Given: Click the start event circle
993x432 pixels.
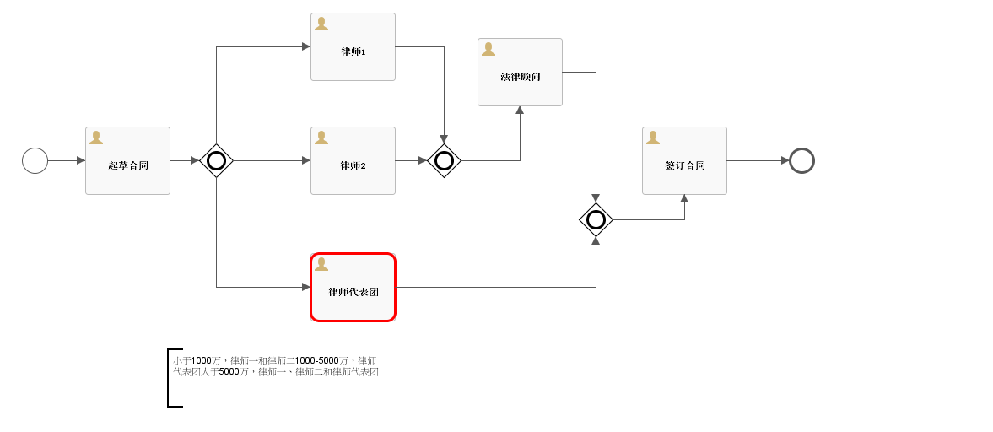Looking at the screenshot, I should [x=35, y=160].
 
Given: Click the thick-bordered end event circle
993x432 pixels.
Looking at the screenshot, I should [x=801, y=160].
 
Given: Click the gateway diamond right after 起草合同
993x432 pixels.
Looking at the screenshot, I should [x=216, y=160].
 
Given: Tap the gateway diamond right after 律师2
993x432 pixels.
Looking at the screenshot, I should [x=444, y=160].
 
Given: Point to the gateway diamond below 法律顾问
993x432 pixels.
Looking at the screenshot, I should [x=596, y=219].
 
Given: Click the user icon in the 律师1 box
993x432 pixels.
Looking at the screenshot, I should [x=321, y=24].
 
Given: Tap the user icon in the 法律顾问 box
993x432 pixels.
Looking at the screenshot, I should [x=488, y=49].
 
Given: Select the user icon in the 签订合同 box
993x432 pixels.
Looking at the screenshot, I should [x=653, y=138].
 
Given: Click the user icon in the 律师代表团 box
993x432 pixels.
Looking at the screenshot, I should [x=321, y=264].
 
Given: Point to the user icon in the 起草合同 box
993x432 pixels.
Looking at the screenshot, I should [x=96, y=138].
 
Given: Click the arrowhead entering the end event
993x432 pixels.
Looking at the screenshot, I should [x=785, y=160].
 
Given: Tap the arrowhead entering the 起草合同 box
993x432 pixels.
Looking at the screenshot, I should [x=81, y=160].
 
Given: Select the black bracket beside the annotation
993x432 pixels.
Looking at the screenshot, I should [x=170, y=377].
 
